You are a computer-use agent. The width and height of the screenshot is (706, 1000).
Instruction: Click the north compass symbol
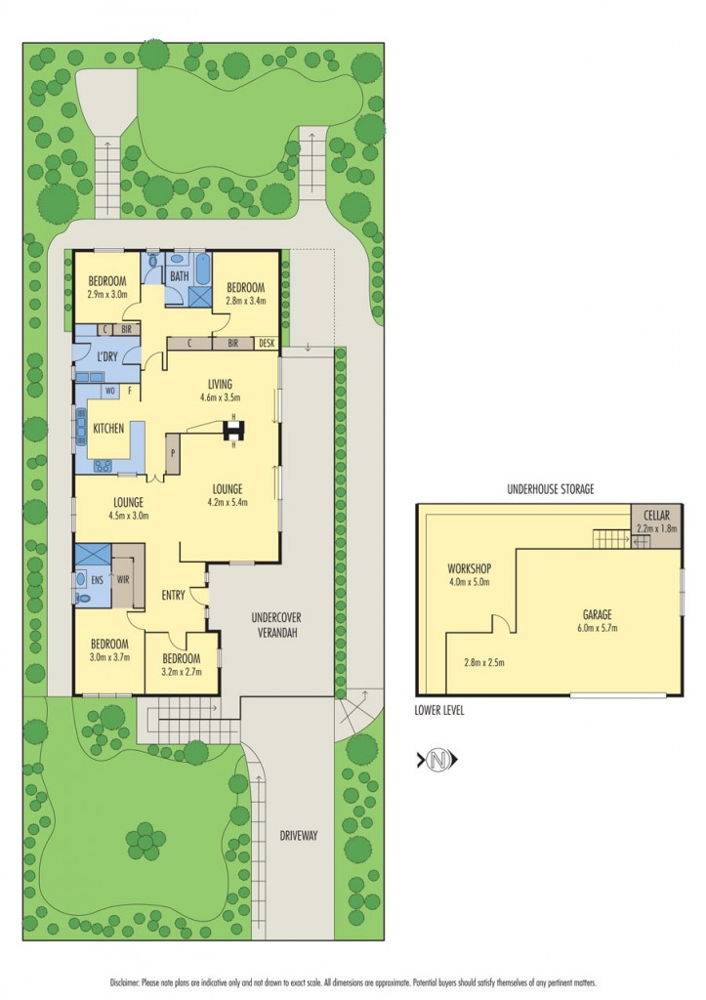click(x=438, y=759)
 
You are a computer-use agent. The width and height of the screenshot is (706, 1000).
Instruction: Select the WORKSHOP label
click(x=468, y=568)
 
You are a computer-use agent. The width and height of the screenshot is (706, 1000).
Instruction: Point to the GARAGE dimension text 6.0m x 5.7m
click(x=599, y=628)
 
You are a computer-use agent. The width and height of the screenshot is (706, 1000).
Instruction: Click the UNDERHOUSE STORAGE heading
click(x=550, y=488)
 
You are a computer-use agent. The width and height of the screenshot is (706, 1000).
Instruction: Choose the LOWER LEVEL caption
click(x=439, y=711)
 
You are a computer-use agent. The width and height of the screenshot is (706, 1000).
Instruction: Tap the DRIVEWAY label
click(x=298, y=836)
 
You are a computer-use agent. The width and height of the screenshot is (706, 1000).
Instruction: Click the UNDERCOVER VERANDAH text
click(x=273, y=625)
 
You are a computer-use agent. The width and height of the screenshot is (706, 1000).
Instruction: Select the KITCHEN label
click(x=107, y=429)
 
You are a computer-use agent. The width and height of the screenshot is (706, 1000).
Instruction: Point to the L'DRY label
click(x=107, y=355)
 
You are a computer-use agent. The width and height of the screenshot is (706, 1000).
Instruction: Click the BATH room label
click(x=179, y=276)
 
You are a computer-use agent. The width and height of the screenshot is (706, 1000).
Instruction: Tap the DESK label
click(x=267, y=344)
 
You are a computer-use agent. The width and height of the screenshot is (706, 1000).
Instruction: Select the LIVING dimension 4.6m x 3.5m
click(x=221, y=397)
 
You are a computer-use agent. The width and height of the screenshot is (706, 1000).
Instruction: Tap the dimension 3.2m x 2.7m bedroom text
click(x=182, y=672)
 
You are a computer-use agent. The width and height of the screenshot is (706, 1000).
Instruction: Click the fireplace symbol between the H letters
click(x=234, y=430)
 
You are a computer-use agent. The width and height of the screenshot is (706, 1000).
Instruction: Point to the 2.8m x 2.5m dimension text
click(x=484, y=662)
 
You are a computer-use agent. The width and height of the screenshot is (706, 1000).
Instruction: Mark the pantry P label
click(x=173, y=453)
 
